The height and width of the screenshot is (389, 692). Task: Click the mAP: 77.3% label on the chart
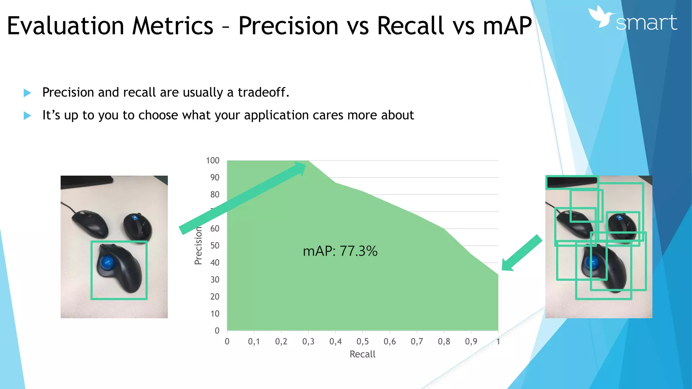(x=340, y=251)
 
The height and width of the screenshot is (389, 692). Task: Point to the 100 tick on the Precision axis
(x=213, y=161)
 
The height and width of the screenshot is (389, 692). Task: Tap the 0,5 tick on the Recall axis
(x=363, y=342)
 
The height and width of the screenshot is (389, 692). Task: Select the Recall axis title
(x=362, y=354)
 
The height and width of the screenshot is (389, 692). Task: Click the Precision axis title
(x=198, y=245)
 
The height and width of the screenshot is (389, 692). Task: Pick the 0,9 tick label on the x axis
(x=471, y=342)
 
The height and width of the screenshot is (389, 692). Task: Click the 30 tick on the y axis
(x=215, y=280)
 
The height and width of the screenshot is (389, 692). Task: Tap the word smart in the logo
(x=646, y=23)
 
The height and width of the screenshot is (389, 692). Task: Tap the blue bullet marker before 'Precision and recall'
(x=27, y=93)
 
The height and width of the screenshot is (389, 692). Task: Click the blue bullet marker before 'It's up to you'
(x=27, y=116)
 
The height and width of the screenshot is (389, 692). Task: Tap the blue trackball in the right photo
(x=592, y=262)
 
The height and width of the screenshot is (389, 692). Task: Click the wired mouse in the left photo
(x=90, y=224)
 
